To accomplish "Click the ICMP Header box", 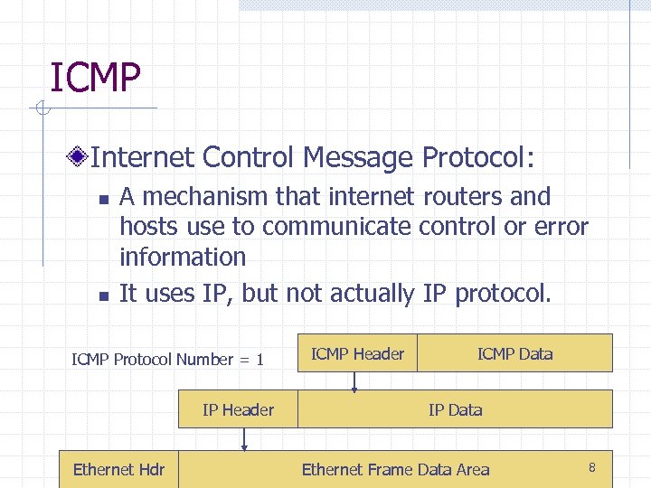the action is coord(358,353).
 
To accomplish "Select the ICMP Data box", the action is coord(514,353).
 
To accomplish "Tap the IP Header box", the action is coord(238,409).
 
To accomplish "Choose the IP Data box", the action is coord(455,409).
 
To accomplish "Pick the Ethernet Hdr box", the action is coord(118,469).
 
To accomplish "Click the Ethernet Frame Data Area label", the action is coord(395,469).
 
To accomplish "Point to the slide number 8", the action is coord(591,467).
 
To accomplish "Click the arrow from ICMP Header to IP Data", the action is coord(354,380).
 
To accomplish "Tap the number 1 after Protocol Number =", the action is coord(259,360).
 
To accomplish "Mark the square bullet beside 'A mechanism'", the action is coord(103,199).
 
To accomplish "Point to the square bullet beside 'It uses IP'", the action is coord(103,296).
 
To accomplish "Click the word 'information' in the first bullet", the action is coord(183,257).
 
